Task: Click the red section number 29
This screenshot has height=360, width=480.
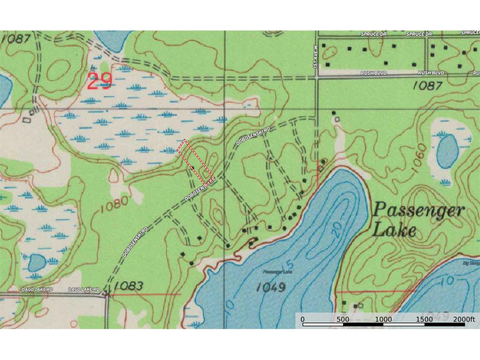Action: pos(99,81)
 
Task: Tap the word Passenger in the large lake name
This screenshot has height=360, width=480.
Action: pos(418,210)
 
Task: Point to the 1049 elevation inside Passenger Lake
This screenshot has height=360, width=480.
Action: pos(270,287)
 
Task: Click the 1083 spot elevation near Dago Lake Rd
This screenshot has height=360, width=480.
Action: pos(128,285)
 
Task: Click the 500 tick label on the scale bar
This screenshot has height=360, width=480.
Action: pos(343,319)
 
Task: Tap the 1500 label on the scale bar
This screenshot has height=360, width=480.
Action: pos(424,319)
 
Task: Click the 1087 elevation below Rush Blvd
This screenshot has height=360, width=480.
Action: pos(427,86)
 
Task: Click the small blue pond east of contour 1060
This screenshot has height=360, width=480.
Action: pos(447,151)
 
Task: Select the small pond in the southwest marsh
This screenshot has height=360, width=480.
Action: pos(37,263)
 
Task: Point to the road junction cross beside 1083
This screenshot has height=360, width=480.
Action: pos(107,294)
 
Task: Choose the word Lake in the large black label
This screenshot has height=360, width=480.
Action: pos(394,231)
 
